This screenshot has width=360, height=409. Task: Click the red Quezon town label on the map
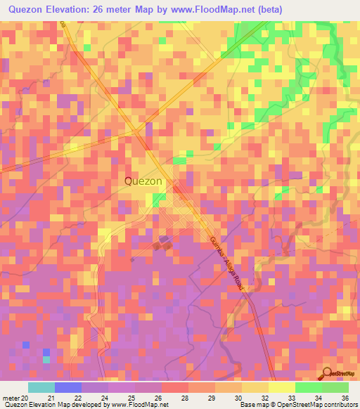click(143, 181)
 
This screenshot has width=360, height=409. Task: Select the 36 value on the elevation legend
click(345, 398)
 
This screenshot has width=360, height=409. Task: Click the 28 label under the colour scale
click(184, 398)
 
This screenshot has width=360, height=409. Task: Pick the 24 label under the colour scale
click(105, 398)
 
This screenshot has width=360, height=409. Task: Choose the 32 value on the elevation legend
click(264, 398)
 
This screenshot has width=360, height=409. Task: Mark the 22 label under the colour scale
click(77, 398)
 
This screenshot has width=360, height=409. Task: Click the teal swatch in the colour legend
click(41, 387)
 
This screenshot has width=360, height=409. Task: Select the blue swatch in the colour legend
click(67, 387)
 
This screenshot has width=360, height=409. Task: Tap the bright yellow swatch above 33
click(281, 387)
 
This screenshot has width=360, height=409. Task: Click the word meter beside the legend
click(11, 398)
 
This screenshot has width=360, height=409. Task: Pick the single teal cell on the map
click(46, 360)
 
